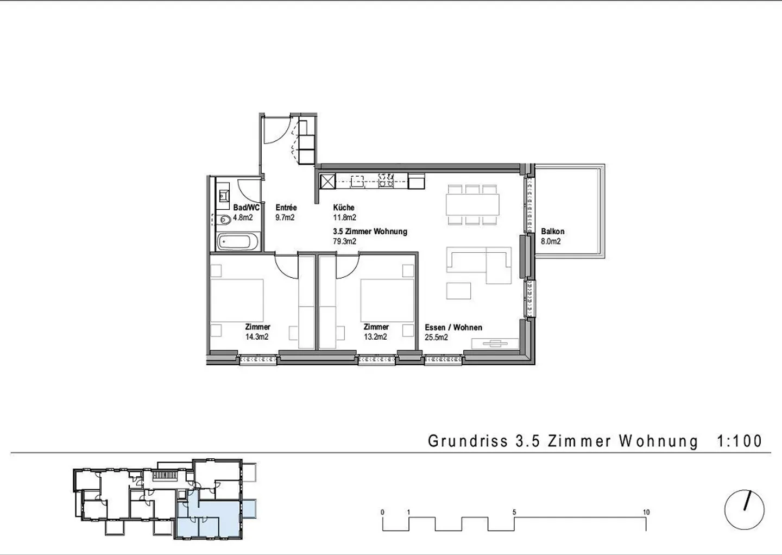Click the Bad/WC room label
(247, 208)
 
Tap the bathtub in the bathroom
(238, 241)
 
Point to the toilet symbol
(225, 220)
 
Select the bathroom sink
(223, 196)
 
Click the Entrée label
(286, 208)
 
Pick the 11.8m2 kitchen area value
(344, 217)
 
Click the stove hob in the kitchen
(387, 180)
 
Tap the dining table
(472, 204)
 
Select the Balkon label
(553, 232)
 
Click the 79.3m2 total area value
(344, 241)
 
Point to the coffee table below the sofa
(458, 291)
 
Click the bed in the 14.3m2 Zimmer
(237, 301)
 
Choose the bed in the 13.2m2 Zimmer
(387, 301)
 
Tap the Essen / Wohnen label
(453, 327)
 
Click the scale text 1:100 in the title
(739, 441)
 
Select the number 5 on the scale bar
(514, 513)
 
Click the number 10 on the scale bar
(646, 513)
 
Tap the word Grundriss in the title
(468, 441)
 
